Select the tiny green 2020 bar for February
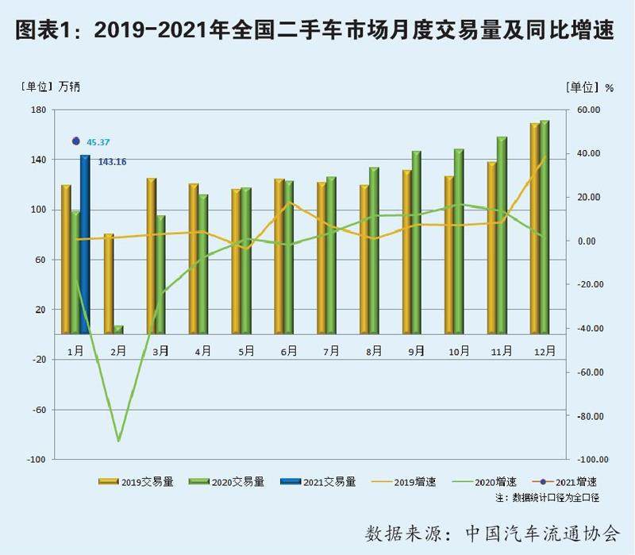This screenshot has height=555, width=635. point(118,330)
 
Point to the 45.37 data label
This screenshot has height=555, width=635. point(98,142)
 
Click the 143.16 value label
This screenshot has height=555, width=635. point(112,162)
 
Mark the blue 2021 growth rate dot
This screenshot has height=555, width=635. point(76,141)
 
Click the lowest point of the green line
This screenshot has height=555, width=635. point(118,440)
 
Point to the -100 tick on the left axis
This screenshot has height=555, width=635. point(37,460)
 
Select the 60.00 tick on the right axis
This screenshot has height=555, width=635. point(588,110)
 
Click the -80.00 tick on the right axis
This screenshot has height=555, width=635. point(587,416)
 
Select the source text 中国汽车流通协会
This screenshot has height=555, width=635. point(542,531)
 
